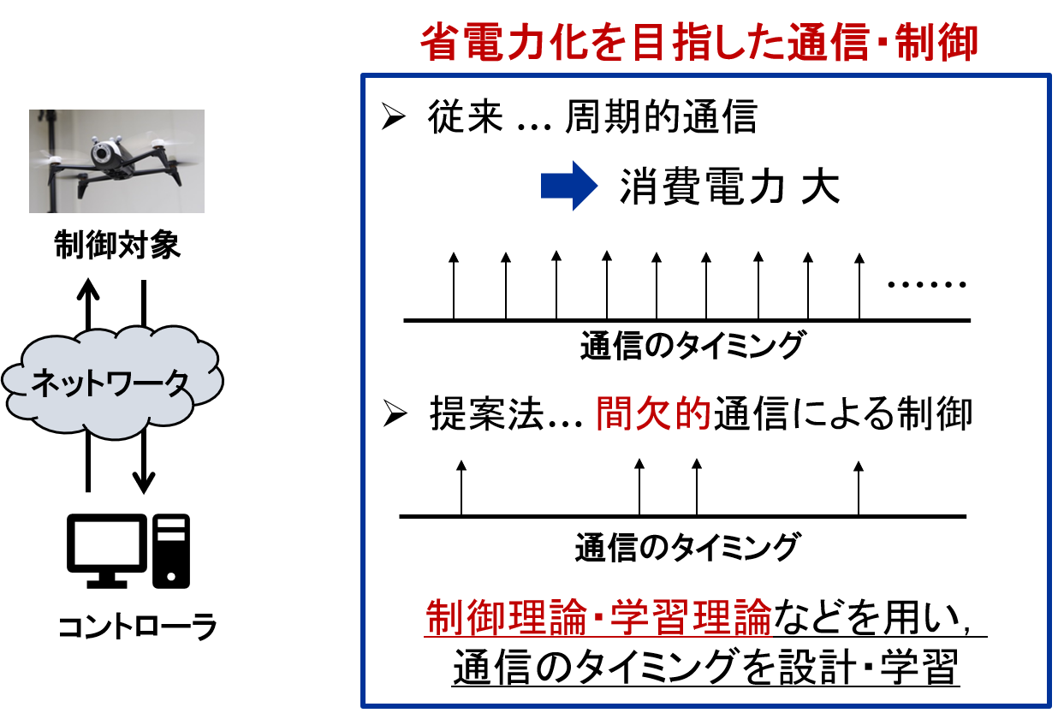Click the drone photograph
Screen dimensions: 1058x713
pos(116,161)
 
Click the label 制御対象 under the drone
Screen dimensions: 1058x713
pos(117,245)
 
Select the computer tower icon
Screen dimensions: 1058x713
pos(171,551)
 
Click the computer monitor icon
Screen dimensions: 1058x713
pos(107,551)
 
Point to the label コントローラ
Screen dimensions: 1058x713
pos(137,626)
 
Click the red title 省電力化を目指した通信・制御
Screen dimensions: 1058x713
pos(699,43)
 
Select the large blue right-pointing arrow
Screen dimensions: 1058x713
pos(569,186)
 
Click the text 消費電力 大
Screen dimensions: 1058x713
pos(730,187)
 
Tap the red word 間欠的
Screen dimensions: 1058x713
pos(653,413)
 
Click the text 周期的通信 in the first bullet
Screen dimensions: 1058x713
pos(661,116)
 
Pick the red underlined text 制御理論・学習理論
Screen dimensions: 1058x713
pos(598,617)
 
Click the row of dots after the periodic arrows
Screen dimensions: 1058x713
pos(927,284)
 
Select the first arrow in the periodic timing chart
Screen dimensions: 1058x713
pos(454,286)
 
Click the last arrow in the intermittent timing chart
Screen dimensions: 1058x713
pos(859,488)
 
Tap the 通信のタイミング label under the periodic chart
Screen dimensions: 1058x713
pos(692,345)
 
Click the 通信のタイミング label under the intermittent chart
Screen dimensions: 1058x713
pos(687,547)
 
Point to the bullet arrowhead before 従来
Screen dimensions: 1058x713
pos(394,116)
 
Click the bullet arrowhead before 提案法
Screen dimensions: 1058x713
pos(395,413)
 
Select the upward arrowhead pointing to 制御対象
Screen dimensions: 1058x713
pos(88,289)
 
